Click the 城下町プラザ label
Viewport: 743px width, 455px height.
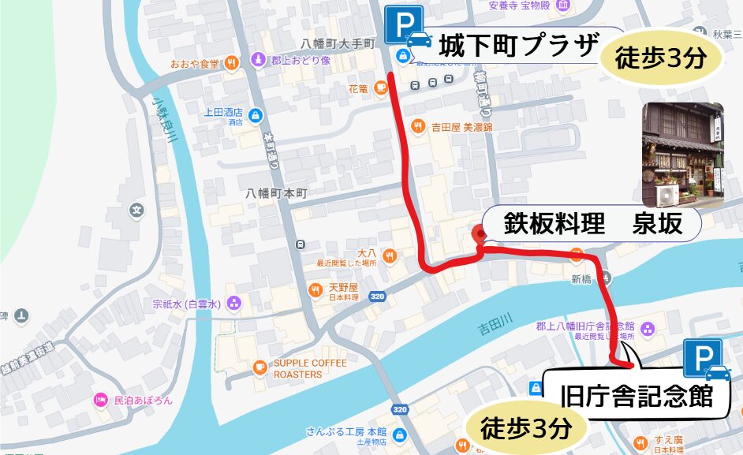click(x=517, y=45)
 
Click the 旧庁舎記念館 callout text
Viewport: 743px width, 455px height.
click(x=635, y=393)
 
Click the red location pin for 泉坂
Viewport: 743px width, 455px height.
click(x=478, y=234)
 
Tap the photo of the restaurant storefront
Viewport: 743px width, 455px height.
click(x=682, y=155)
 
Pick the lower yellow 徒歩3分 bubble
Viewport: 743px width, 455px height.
click(x=525, y=429)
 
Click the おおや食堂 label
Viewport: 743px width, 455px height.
click(x=196, y=63)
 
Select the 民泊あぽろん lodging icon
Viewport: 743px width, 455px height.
click(x=100, y=400)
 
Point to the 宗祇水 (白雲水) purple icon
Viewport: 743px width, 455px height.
click(x=233, y=303)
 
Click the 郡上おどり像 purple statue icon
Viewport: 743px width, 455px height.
click(x=257, y=60)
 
